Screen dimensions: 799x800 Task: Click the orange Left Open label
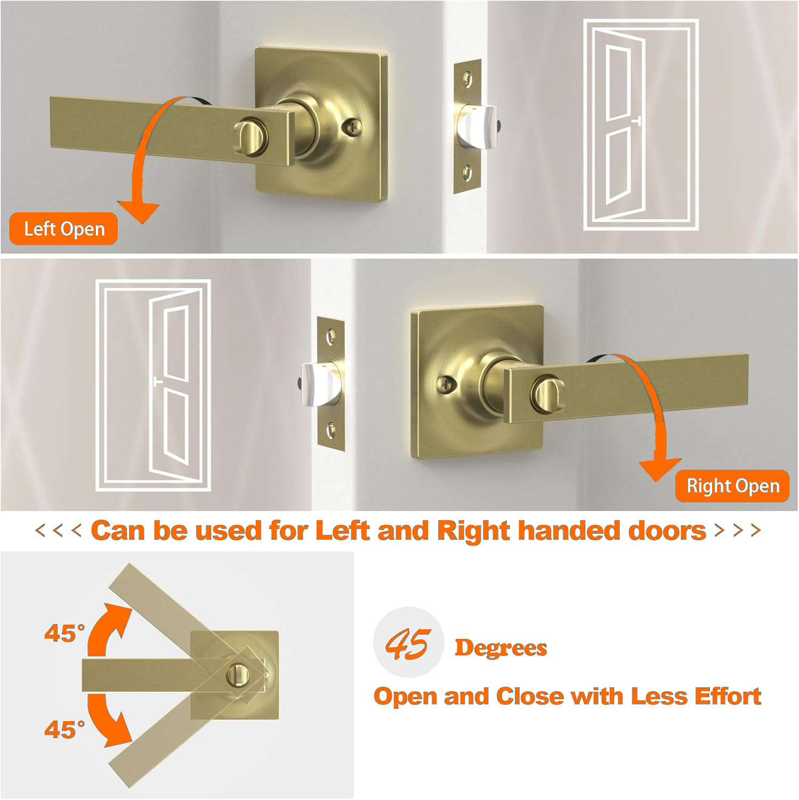pyautogui.click(x=63, y=229)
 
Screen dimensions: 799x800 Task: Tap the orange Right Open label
pyautogui.click(x=732, y=486)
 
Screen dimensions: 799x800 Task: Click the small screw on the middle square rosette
pyautogui.click(x=446, y=384)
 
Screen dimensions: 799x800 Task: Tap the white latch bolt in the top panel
pyautogui.click(x=477, y=126)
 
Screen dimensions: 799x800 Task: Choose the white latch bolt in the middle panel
pyautogui.click(x=320, y=384)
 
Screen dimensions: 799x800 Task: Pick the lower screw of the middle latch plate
pyautogui.click(x=331, y=428)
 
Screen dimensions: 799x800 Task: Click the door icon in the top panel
pyautogui.click(x=641, y=125)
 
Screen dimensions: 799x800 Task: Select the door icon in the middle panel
pyautogui.click(x=153, y=385)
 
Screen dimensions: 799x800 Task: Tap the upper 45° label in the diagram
pyautogui.click(x=64, y=634)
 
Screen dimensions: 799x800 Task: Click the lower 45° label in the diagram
pyautogui.click(x=64, y=730)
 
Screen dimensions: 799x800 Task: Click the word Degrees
pyautogui.click(x=501, y=648)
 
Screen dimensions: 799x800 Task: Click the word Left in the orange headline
pyautogui.click(x=342, y=531)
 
